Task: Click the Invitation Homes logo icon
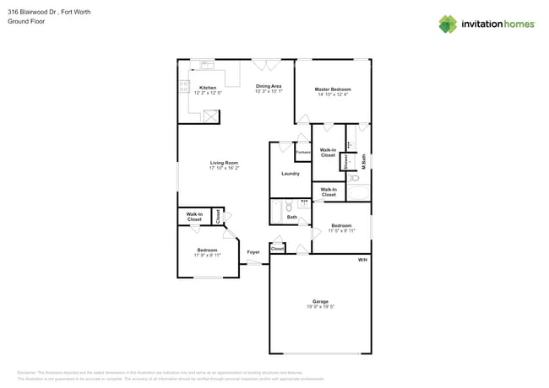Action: click(448, 24)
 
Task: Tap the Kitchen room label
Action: click(207, 88)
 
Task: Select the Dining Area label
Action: click(269, 86)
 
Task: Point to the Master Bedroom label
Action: click(333, 89)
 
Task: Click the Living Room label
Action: click(224, 163)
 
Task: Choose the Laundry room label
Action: click(291, 174)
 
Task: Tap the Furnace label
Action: click(302, 152)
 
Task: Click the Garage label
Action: click(320, 301)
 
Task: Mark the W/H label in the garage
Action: click(361, 259)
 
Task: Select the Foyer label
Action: click(253, 252)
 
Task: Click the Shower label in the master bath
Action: click(346, 159)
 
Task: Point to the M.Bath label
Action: click(363, 159)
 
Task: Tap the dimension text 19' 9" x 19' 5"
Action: click(320, 307)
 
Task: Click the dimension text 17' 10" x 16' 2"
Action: click(224, 169)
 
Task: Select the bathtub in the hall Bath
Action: click(275, 211)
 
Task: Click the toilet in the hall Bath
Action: click(289, 206)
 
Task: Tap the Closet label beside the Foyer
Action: click(277, 249)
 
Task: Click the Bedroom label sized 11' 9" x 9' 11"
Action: click(208, 251)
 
